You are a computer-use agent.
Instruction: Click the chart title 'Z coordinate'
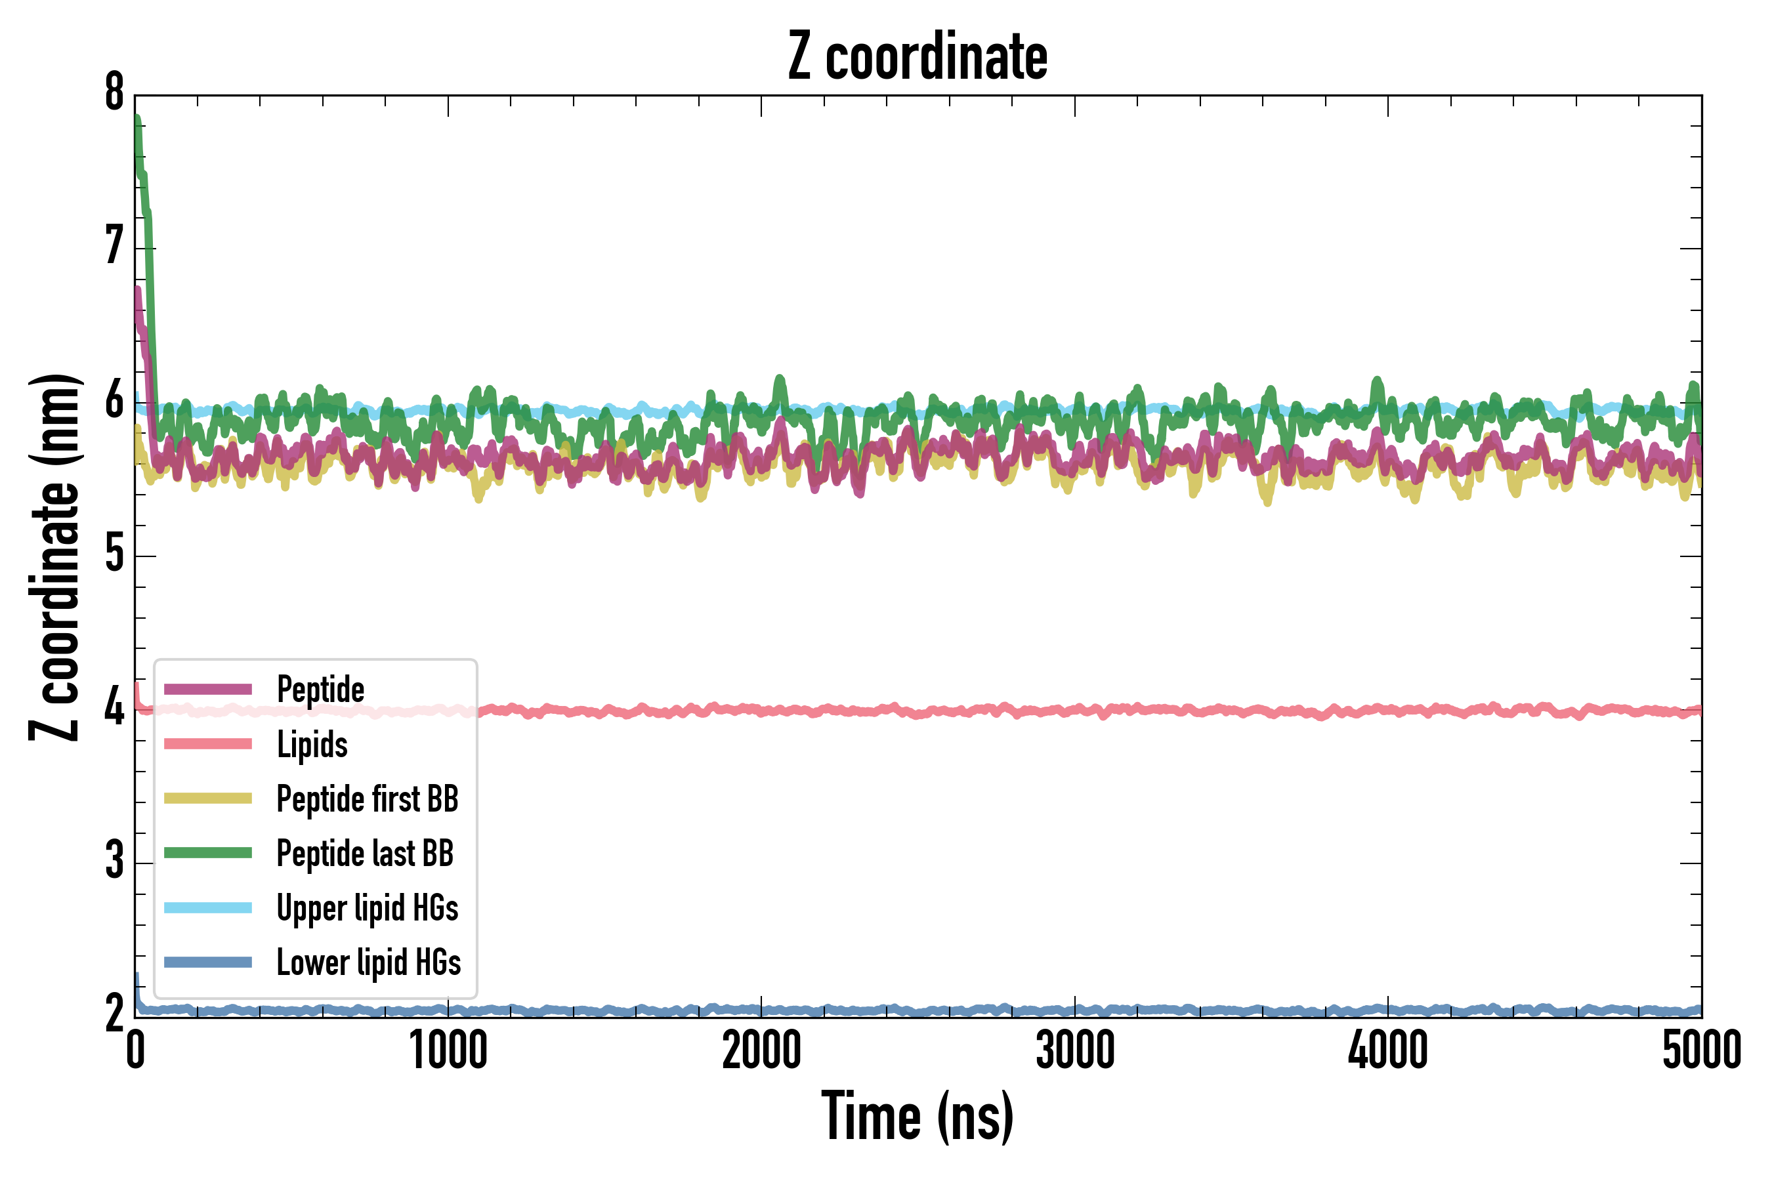pos(917,57)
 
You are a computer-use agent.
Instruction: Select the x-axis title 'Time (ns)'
pos(917,1116)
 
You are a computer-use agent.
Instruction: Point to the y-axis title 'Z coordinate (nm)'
pos(54,557)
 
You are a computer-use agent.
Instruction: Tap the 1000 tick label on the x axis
pos(448,1050)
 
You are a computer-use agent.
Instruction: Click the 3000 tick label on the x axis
pos(1075,1050)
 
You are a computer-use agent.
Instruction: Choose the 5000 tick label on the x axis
pos(1701,1050)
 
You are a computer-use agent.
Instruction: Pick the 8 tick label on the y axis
pos(114,93)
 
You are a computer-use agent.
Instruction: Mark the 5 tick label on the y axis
pos(114,555)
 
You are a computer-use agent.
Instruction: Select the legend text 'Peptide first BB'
pos(367,799)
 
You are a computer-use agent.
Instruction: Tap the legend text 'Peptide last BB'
pos(365,854)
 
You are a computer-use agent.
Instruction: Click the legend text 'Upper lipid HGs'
pos(367,907)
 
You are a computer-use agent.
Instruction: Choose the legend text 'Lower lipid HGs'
pos(368,963)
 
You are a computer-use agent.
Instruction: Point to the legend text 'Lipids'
pos(312,744)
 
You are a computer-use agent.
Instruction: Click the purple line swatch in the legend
pos(208,689)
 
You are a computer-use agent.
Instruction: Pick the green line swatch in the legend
pos(208,852)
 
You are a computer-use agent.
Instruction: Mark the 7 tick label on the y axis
pos(114,247)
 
